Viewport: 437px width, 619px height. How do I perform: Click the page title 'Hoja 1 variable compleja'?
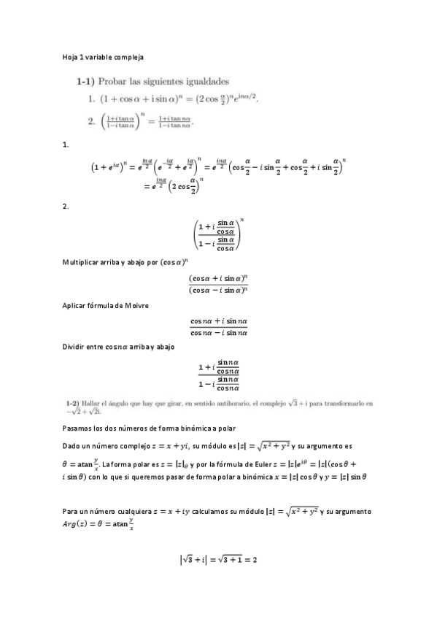[102, 56]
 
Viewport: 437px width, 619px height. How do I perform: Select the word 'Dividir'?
[74, 347]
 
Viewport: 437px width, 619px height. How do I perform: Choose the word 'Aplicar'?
[74, 305]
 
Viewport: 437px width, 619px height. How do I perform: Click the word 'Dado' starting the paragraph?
[71, 445]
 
